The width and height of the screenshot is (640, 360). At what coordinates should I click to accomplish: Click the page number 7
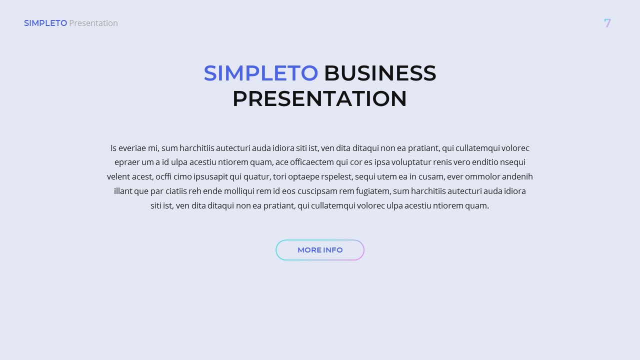point(607,23)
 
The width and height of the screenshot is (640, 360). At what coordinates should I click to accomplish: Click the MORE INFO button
point(320,250)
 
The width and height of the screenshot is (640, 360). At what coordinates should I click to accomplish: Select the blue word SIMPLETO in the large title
point(260,73)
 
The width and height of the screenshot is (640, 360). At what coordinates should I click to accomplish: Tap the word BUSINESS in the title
point(380,73)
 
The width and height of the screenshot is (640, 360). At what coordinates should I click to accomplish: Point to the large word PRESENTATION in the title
point(319,98)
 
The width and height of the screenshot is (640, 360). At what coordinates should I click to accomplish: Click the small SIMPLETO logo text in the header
point(45,23)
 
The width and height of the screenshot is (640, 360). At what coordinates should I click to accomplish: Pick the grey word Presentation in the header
point(93,23)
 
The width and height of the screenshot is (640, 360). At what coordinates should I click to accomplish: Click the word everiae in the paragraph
point(132,148)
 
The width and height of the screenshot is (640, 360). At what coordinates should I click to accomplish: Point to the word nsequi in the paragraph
point(512,162)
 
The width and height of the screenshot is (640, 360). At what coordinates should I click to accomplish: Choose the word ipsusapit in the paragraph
point(211,176)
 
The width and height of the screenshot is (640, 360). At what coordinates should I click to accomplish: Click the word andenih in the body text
point(517,176)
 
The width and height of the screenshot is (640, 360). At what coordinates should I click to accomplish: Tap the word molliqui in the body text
point(238,191)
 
